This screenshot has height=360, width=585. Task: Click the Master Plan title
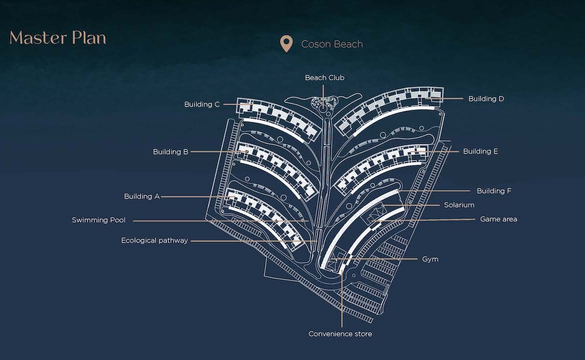click(x=58, y=37)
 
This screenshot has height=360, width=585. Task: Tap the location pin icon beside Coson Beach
click(x=286, y=43)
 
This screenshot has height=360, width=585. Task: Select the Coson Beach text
click(x=332, y=44)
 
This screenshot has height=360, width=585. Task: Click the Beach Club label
click(x=324, y=77)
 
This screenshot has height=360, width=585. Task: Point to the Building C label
click(x=202, y=104)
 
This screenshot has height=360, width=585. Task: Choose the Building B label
click(x=170, y=152)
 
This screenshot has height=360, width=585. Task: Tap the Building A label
click(x=142, y=196)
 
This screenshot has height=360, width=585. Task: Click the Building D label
click(x=486, y=99)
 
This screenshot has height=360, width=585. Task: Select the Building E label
click(x=480, y=151)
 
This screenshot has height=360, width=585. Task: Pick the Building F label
click(x=494, y=191)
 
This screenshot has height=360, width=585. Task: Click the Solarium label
click(x=459, y=205)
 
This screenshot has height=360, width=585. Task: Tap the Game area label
click(x=498, y=219)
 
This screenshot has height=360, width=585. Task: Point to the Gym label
click(x=430, y=259)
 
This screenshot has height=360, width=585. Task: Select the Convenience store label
click(x=340, y=334)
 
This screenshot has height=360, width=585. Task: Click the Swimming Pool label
click(x=98, y=220)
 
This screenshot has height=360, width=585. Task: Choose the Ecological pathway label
click(x=154, y=240)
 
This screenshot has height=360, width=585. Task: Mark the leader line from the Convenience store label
click(x=341, y=300)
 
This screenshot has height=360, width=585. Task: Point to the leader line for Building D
click(x=447, y=99)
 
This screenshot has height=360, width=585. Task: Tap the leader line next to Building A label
click(x=198, y=196)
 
